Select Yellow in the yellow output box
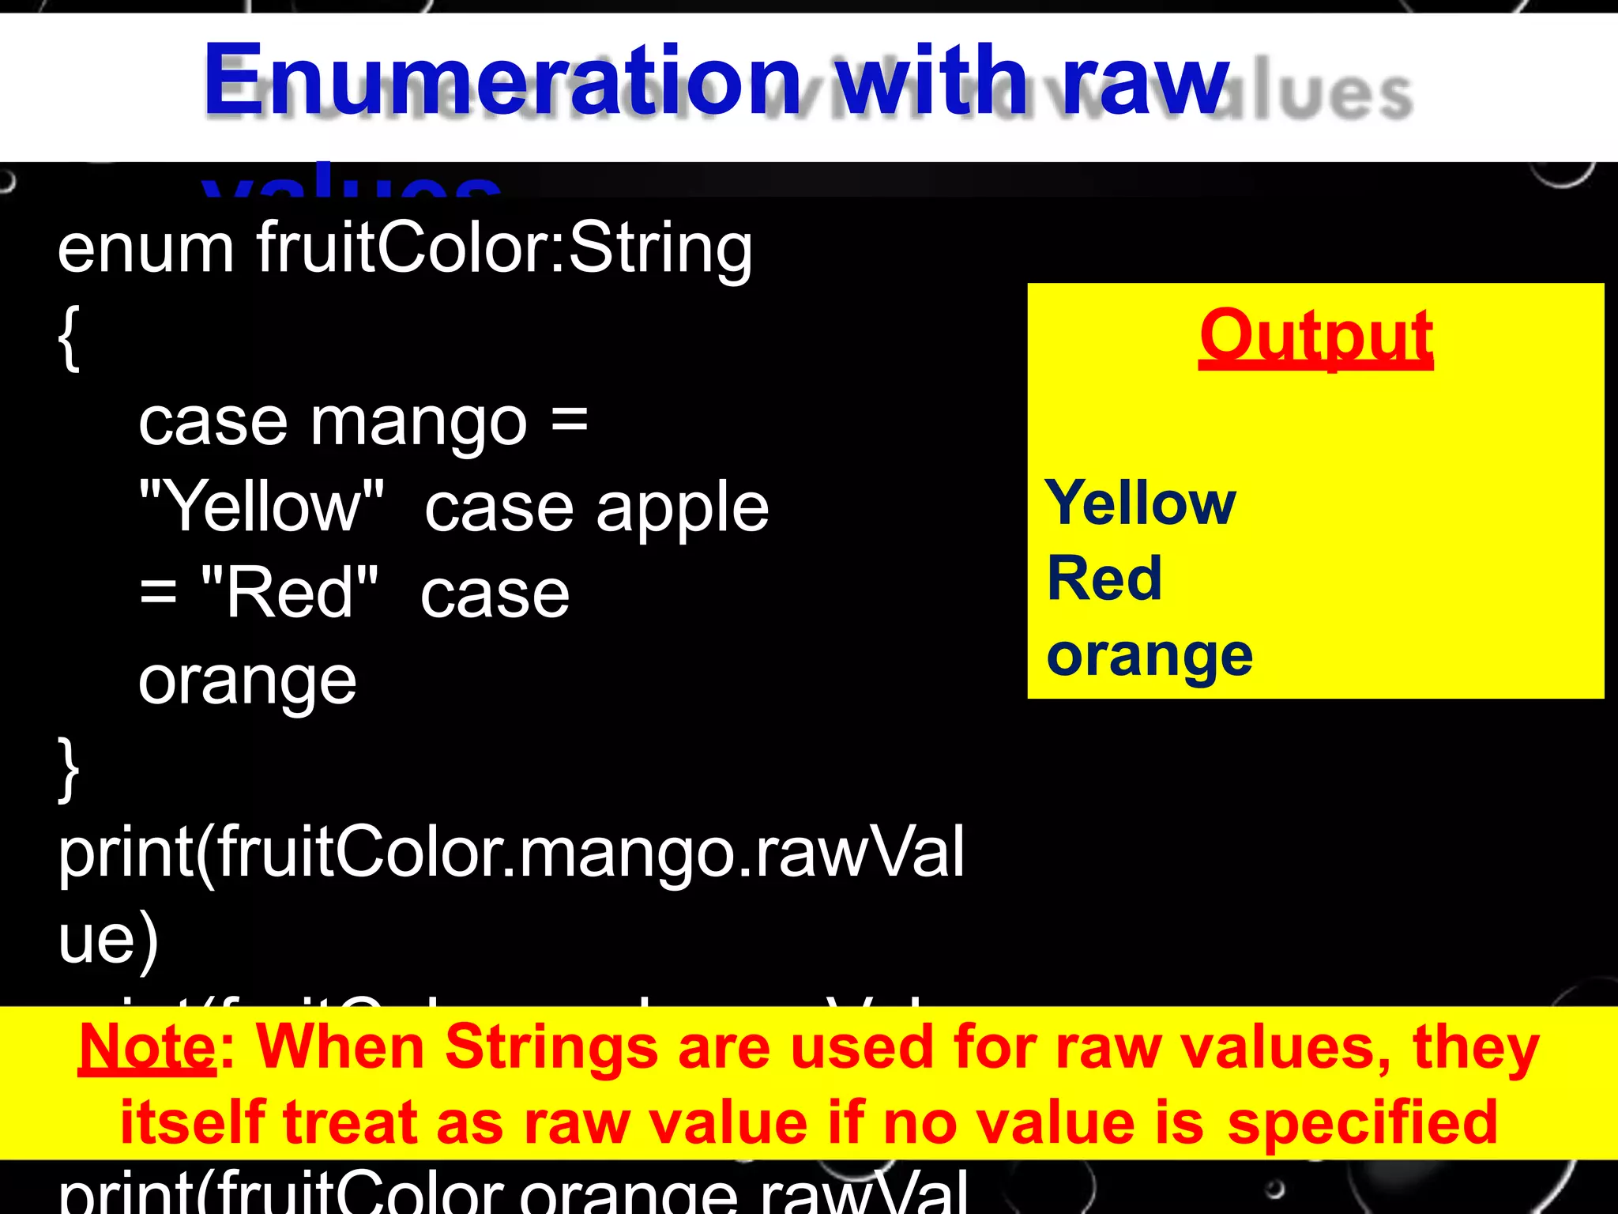1140,503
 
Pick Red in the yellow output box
1104,579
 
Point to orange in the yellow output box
1150,656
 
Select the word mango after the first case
419,423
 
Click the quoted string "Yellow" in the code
262,507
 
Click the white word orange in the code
247,681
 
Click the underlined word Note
147,1047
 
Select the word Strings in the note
551,1047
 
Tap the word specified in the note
1362,1122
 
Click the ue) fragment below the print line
109,940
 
